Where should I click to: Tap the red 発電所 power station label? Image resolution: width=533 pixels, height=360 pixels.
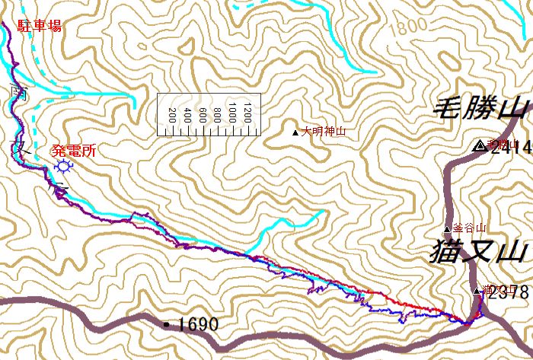click(x=74, y=150)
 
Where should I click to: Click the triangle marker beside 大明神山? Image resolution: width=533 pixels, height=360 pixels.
click(x=296, y=132)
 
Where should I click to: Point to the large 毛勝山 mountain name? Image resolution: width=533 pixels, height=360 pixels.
click(x=481, y=109)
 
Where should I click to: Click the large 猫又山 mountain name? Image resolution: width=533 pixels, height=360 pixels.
click(x=478, y=250)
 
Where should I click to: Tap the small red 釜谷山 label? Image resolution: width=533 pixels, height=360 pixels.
click(x=469, y=228)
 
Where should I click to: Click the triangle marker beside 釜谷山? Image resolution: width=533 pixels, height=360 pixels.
click(x=448, y=228)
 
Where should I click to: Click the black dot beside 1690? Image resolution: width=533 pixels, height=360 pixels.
click(x=167, y=324)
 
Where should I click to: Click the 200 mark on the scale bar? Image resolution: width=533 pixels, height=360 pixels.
click(x=172, y=116)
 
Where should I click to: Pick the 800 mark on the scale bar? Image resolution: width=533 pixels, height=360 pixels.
click(x=218, y=116)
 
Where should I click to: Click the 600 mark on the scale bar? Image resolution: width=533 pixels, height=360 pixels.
click(x=203, y=116)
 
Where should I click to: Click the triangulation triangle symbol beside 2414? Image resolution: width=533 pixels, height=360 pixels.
click(x=479, y=146)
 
